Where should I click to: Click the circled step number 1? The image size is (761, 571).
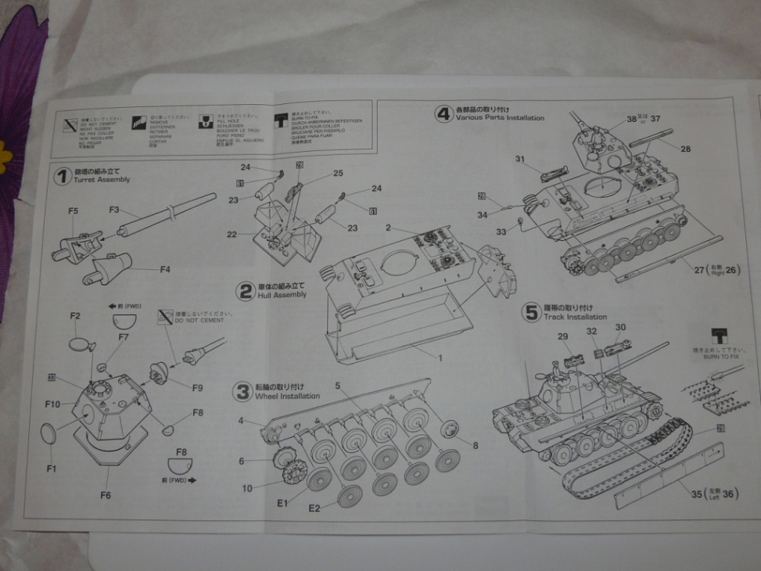pos(63,176)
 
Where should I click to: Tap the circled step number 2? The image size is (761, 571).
pos(247,292)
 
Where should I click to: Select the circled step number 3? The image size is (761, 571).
pos(243,391)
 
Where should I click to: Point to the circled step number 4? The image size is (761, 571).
pos(444,114)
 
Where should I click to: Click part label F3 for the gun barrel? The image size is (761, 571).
pos(114,210)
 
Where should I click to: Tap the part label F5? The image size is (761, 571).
pos(73,211)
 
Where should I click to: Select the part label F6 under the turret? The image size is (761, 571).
pos(106,494)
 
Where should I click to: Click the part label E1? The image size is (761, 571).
pos(283,503)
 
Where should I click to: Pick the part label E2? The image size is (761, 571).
pos(314,508)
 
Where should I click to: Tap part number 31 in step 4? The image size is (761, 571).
pos(519,160)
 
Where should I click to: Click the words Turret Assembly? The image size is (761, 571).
pos(102,180)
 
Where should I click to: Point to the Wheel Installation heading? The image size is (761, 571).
pos(288,396)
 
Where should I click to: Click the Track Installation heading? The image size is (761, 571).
pos(576,317)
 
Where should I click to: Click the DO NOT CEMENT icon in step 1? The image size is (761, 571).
pos(165,317)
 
